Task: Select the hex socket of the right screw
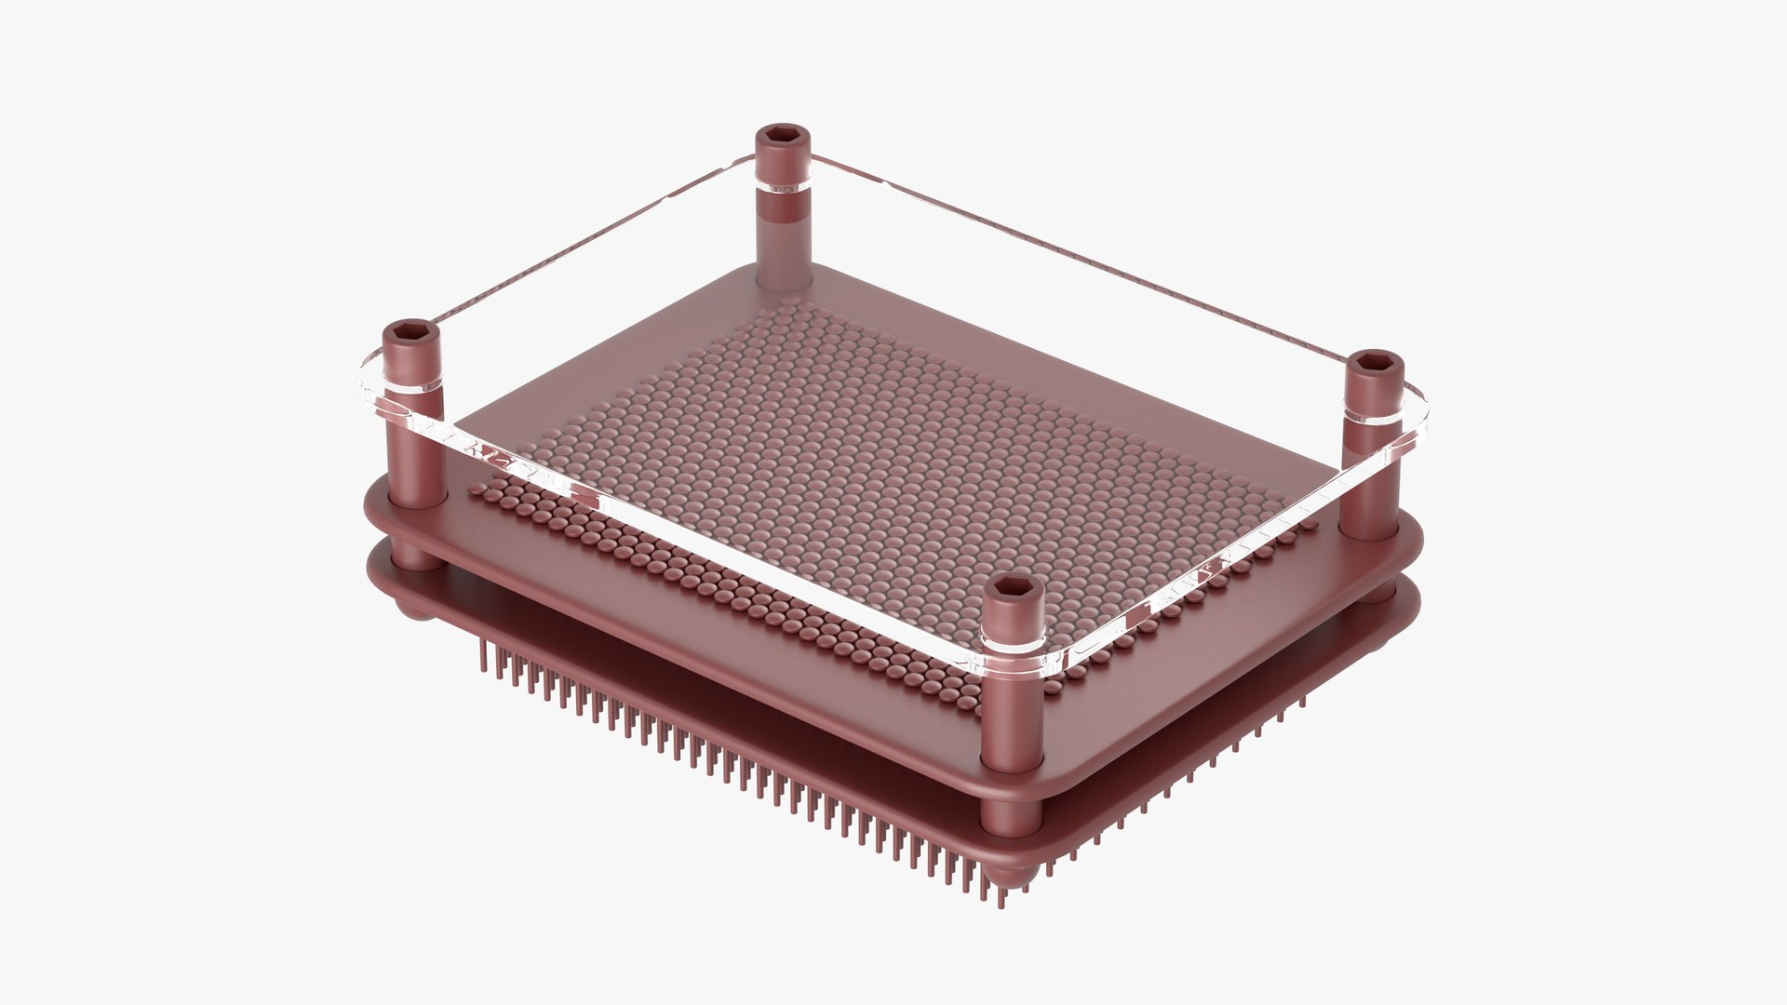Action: point(1374,361)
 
